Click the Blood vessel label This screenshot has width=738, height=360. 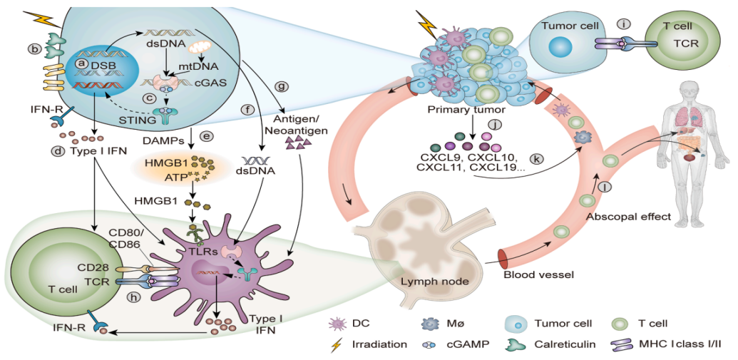point(536,274)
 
